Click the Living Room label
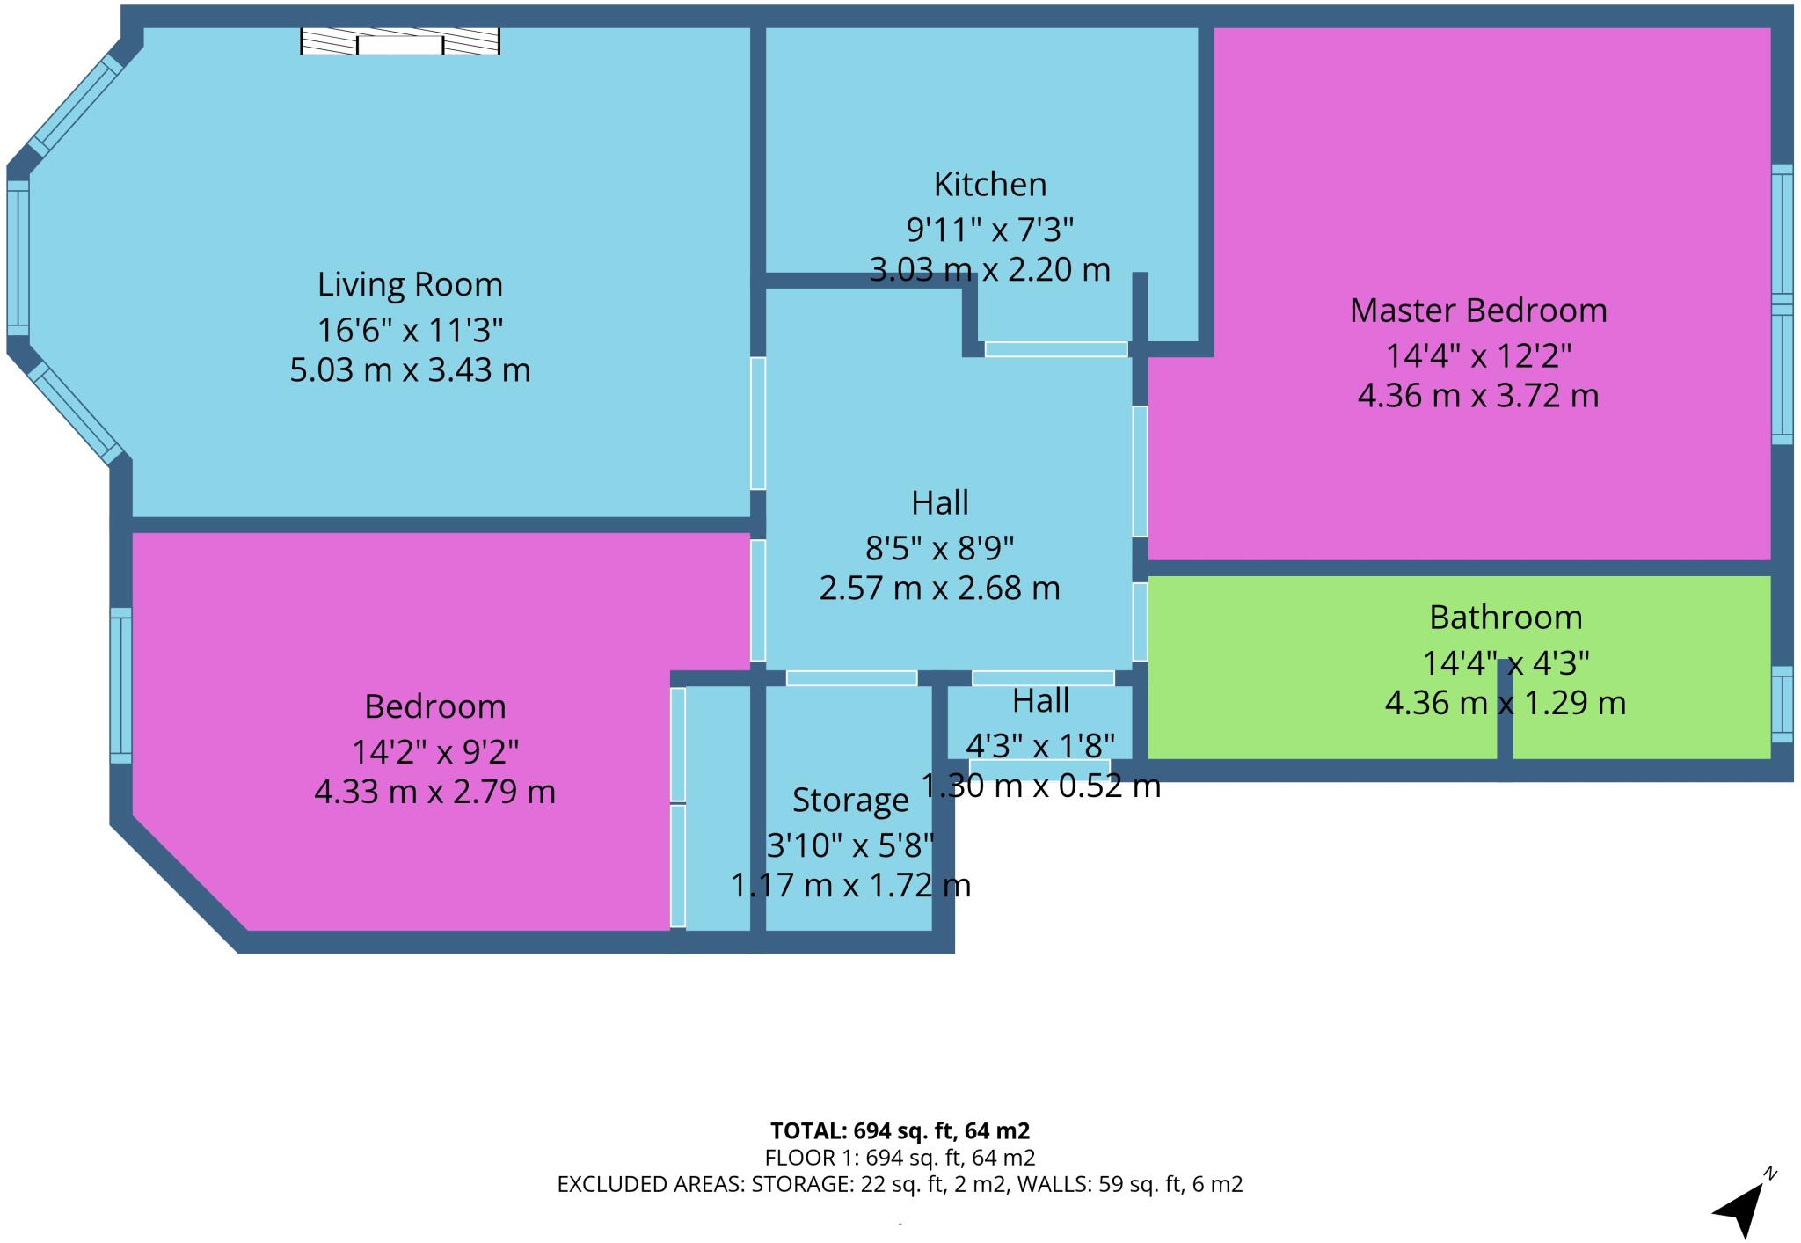click(x=410, y=284)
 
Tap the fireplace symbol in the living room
click(x=400, y=41)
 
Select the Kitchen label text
click(x=989, y=185)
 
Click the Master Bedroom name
click(x=1477, y=311)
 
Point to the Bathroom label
click(x=1505, y=618)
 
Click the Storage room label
click(x=849, y=801)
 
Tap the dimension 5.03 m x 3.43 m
click(x=410, y=369)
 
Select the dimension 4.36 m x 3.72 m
click(x=1477, y=396)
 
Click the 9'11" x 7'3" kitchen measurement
click(x=989, y=230)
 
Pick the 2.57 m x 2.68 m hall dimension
click(x=939, y=588)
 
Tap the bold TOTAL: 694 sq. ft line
click(x=900, y=1131)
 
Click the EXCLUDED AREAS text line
click(x=900, y=1185)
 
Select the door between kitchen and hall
click(x=1055, y=349)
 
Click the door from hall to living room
click(x=757, y=423)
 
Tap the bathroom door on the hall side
click(x=1140, y=622)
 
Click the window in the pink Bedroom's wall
click(x=120, y=685)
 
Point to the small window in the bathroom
click(x=1782, y=704)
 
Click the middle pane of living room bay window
click(x=18, y=257)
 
